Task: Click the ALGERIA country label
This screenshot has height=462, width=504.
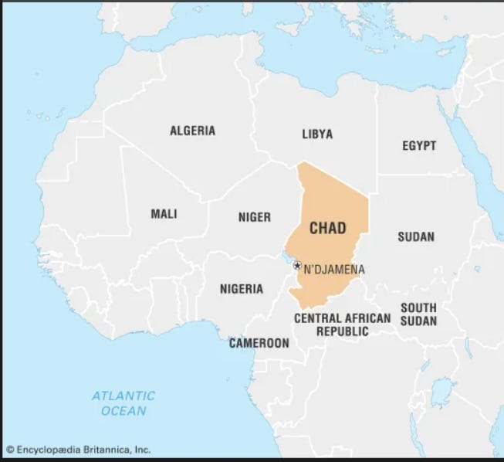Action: pyautogui.click(x=192, y=131)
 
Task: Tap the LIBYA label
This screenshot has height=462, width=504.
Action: pyautogui.click(x=317, y=134)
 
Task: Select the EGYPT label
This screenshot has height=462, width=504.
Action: pyautogui.click(x=419, y=145)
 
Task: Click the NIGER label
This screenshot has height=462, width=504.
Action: pyautogui.click(x=254, y=217)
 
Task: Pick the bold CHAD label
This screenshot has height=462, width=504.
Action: pyautogui.click(x=328, y=228)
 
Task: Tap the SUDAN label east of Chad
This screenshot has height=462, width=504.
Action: pyautogui.click(x=416, y=236)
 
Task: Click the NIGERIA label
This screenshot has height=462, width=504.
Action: pyautogui.click(x=241, y=289)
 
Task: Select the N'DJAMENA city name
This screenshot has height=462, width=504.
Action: pyautogui.click(x=334, y=270)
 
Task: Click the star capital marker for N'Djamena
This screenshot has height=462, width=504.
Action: pyautogui.click(x=297, y=266)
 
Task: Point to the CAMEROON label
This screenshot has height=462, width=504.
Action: pyautogui.click(x=259, y=343)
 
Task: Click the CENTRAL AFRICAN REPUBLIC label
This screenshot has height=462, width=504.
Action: pyautogui.click(x=342, y=324)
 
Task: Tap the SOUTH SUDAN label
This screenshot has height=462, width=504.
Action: pyautogui.click(x=418, y=314)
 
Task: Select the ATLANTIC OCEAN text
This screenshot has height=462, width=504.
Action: pyautogui.click(x=123, y=403)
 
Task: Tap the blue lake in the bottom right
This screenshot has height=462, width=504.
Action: pyautogui.click(x=441, y=392)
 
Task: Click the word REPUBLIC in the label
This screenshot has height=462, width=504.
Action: pyautogui.click(x=342, y=331)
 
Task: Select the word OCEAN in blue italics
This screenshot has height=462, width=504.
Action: pyautogui.click(x=123, y=411)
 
